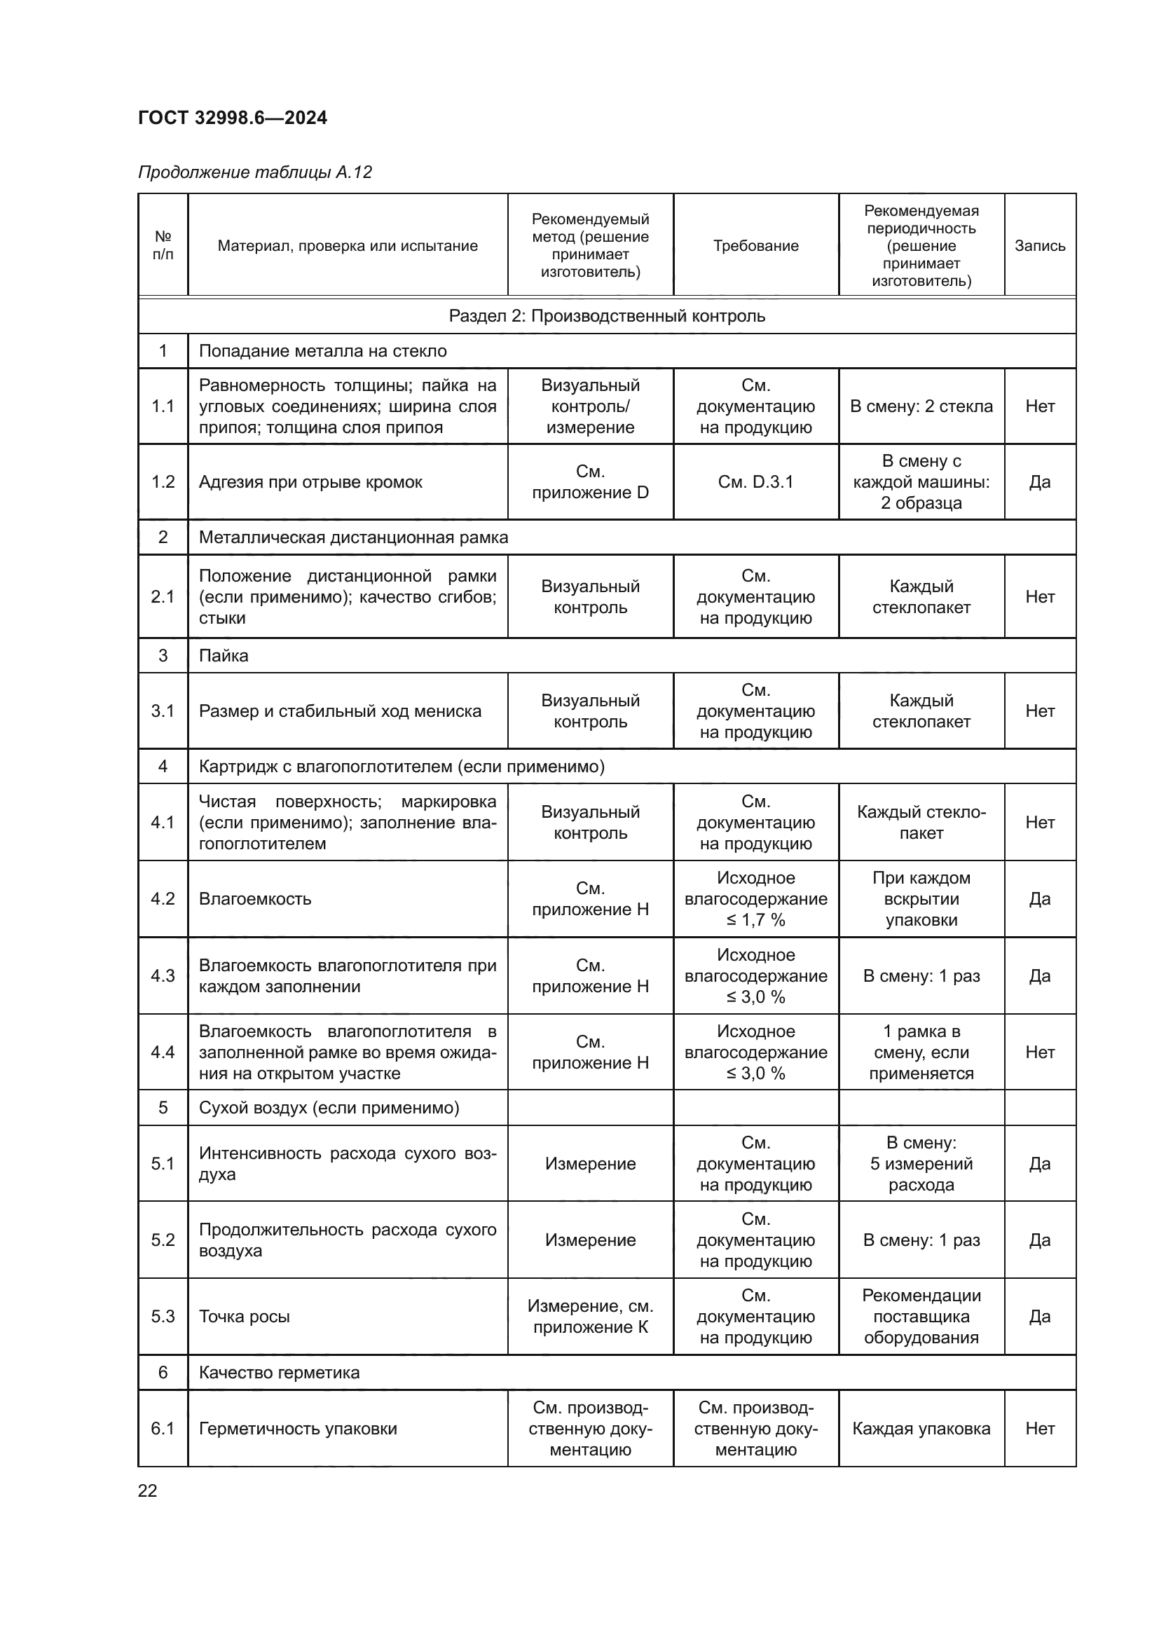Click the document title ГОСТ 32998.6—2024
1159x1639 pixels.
click(232, 118)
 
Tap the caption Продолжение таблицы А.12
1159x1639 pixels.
click(255, 172)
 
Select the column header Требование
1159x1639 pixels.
click(755, 245)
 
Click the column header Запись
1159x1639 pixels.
click(1039, 245)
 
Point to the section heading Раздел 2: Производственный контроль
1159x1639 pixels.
click(607, 315)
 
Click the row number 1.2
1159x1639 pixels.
click(163, 482)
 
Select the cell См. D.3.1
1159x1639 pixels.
click(755, 482)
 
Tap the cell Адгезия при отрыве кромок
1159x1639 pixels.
click(310, 482)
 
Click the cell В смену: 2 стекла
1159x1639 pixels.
click(921, 406)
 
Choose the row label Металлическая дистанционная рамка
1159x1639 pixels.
click(353, 537)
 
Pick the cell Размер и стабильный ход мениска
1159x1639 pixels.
click(340, 711)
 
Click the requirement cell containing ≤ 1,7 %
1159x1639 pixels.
click(755, 899)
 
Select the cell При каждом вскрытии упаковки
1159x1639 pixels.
click(921, 899)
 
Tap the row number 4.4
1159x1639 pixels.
click(163, 1052)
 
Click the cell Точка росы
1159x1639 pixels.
click(244, 1317)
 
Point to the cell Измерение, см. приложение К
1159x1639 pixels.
click(590, 1317)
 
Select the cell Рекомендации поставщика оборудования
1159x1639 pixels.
click(921, 1317)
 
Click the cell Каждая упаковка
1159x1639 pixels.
click(921, 1428)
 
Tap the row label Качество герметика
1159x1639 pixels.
click(279, 1372)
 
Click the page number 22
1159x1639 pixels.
click(147, 1490)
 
